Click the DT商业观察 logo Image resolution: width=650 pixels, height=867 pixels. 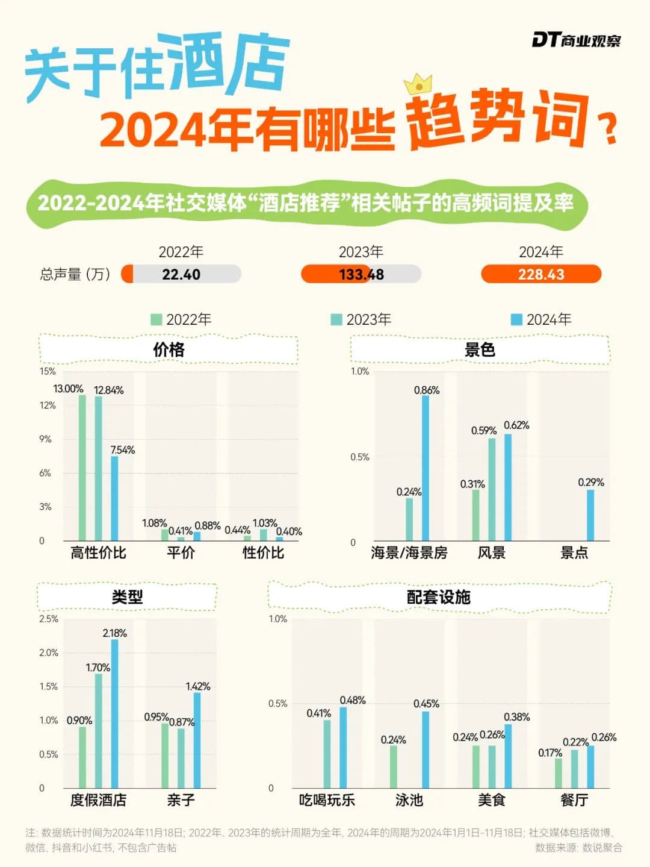(576, 40)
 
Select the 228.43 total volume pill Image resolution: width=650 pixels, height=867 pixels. (541, 274)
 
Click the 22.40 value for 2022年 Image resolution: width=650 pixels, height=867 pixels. (181, 274)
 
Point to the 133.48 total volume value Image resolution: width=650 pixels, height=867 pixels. (361, 274)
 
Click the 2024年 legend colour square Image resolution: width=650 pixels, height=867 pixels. (516, 319)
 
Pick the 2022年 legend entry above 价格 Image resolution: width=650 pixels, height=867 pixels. (181, 319)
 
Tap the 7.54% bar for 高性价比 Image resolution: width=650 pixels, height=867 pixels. (114, 498)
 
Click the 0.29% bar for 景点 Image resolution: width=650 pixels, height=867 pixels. (590, 515)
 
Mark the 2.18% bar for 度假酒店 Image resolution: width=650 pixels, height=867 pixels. (114, 714)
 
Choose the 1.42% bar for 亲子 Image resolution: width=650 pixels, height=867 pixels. (197, 740)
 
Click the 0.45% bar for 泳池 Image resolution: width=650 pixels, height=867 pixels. (426, 750)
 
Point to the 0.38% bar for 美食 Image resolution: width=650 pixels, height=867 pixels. (508, 756)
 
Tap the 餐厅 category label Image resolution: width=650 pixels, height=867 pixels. (574, 800)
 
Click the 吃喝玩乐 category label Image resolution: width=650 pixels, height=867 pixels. (327, 800)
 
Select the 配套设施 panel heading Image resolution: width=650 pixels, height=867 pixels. (439, 597)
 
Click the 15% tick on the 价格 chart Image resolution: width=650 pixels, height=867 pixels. (48, 371)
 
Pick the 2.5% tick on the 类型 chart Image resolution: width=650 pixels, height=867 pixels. (49, 619)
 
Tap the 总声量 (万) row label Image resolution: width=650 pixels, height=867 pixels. (75, 275)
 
